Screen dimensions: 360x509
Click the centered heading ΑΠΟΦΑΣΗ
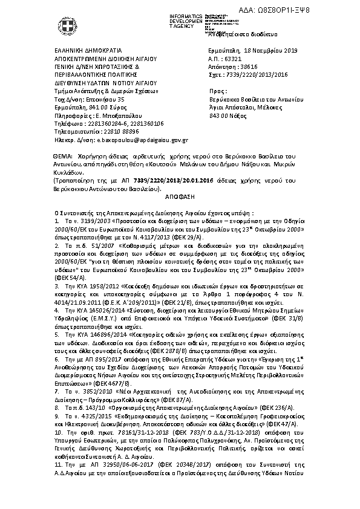180,197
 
